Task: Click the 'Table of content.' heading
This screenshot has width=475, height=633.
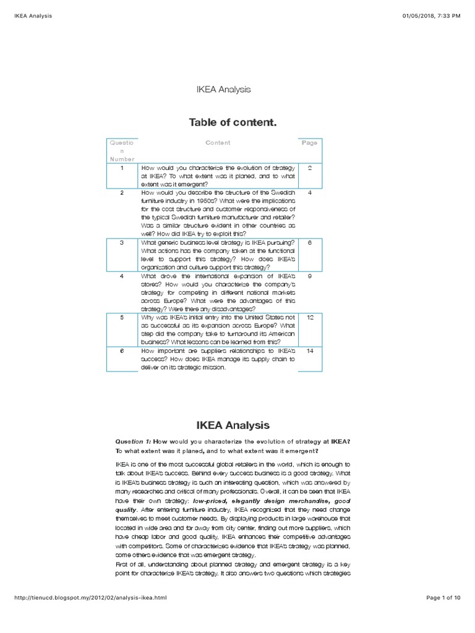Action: tap(232, 122)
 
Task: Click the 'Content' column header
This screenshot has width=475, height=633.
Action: tap(218, 143)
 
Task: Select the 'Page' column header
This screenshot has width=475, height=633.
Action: tap(309, 143)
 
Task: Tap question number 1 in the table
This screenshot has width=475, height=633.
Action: tap(122, 168)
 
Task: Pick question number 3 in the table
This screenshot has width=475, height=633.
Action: tap(122, 243)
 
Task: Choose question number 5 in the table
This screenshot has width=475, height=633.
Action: tap(122, 317)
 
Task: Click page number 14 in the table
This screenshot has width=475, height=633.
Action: tap(310, 350)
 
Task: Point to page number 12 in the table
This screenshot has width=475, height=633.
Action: tap(310, 317)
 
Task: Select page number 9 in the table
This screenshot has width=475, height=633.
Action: tap(310, 276)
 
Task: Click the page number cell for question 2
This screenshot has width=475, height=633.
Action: tap(310, 193)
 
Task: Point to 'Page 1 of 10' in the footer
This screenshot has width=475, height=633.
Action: tap(443, 598)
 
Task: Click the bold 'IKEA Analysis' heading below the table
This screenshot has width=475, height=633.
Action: tap(233, 425)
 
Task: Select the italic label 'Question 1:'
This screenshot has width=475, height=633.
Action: tap(133, 441)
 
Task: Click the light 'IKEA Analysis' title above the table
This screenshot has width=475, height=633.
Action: tap(223, 90)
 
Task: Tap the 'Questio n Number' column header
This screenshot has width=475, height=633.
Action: tap(122, 151)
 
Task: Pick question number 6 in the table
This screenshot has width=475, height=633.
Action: tap(122, 350)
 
